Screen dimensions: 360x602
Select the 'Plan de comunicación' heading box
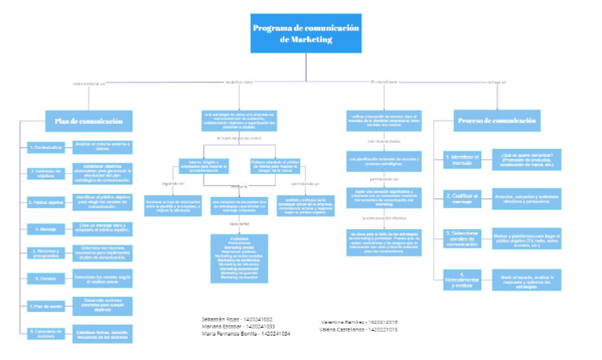[89, 122]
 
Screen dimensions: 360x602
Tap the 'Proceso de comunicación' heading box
[498, 122]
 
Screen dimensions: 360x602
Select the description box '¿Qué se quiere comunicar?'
[528, 159]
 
